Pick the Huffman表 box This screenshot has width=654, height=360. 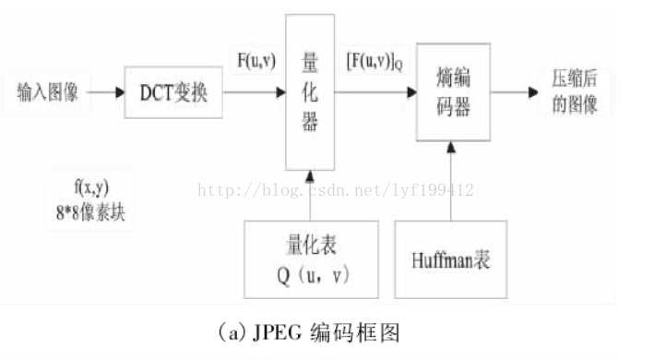click(x=451, y=259)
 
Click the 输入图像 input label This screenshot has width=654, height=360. click(x=49, y=91)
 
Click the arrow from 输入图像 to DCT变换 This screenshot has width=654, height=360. click(x=105, y=92)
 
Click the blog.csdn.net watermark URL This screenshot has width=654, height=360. click(x=337, y=191)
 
